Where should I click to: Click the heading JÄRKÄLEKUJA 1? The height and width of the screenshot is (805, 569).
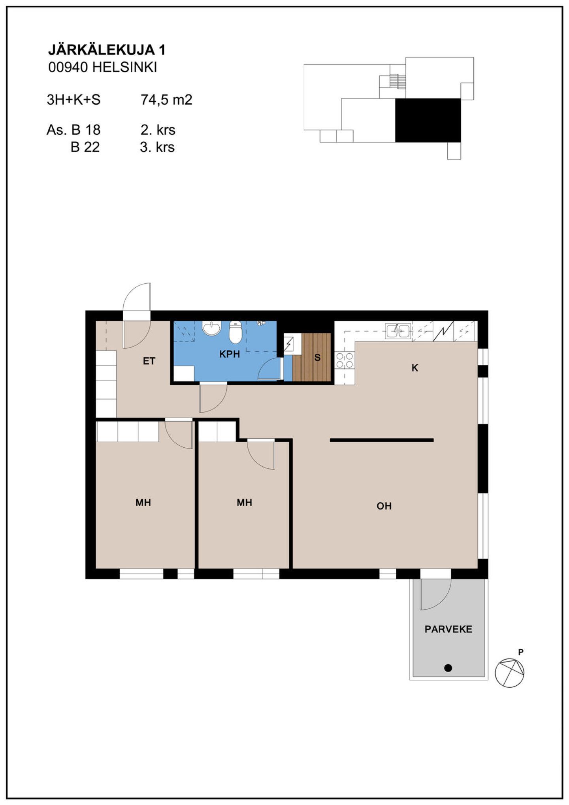tap(107, 50)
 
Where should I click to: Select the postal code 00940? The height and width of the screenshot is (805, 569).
tap(68, 68)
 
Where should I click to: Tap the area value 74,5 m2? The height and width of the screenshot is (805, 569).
tap(166, 100)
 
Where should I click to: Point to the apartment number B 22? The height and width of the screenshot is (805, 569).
tap(85, 147)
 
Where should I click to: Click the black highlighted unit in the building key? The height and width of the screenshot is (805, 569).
tap(428, 120)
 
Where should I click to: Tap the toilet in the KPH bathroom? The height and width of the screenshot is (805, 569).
tap(235, 332)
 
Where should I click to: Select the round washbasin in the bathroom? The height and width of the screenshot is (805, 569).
tap(212, 328)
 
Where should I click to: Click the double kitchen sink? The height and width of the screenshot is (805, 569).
tap(398, 331)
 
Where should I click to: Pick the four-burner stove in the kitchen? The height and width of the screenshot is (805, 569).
tap(345, 360)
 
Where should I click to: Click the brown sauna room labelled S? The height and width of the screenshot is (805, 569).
tap(312, 357)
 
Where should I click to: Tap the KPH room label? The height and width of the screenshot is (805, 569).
tap(230, 354)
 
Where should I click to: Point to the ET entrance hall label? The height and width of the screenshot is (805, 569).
tap(149, 361)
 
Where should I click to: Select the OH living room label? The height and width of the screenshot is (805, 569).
tap(384, 506)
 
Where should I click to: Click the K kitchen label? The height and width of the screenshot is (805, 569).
tap(415, 368)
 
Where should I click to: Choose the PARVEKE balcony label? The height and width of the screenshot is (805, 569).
tap(448, 629)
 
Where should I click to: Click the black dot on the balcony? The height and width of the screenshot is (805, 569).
tap(448, 668)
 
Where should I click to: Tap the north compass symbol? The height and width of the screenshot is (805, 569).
tap(510, 673)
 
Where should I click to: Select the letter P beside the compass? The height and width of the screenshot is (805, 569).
tap(521, 652)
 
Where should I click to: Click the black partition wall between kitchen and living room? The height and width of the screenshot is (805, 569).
tap(382, 440)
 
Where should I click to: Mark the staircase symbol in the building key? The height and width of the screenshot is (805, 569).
tap(398, 81)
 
